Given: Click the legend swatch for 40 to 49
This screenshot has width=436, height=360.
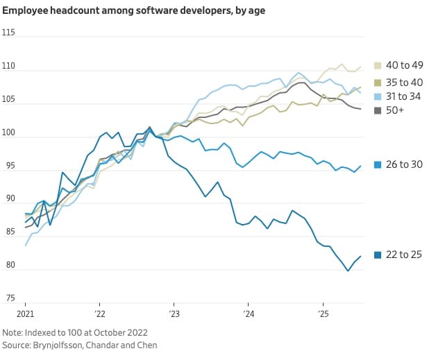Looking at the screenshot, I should click(378, 65).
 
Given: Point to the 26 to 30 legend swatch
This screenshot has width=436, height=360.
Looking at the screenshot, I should click(378, 165).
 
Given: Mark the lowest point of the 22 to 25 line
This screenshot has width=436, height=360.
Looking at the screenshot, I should click(348, 271).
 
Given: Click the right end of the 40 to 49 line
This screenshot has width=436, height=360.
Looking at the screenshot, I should click(360, 67).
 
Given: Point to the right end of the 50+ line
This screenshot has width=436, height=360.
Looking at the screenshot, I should click(360, 109).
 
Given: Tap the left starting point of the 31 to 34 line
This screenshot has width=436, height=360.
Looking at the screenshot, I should click(26, 246).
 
